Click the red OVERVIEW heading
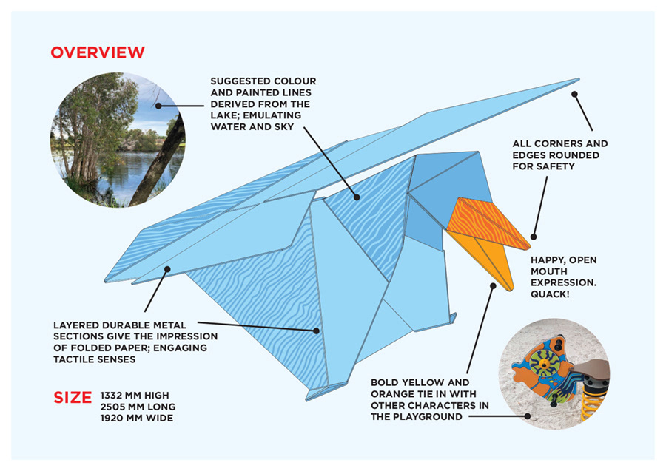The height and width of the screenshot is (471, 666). tap(98, 52)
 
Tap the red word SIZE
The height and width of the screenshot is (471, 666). tap(73, 397)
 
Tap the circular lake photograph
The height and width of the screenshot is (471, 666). tap(118, 139)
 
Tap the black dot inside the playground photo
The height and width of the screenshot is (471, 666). tap(528, 416)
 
